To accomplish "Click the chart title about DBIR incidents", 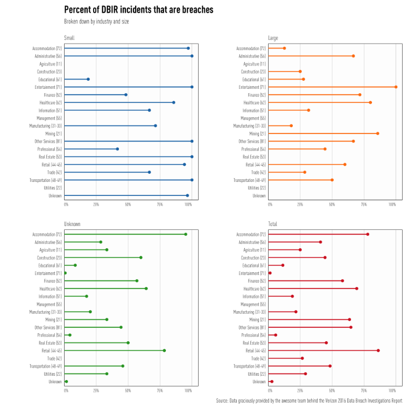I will click(x=138, y=10).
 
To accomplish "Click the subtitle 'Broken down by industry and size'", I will click(x=96, y=22).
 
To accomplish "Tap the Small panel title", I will click(x=69, y=38).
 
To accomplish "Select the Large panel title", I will click(x=273, y=38).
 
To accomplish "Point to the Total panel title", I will click(x=272, y=223).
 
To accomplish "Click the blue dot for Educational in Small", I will click(x=88, y=79).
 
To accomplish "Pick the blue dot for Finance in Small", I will click(x=126, y=95).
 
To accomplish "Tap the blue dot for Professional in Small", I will click(x=117, y=149).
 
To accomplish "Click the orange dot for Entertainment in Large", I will click(x=396, y=87).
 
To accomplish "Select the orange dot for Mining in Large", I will click(x=377, y=133).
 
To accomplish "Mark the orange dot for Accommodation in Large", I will click(x=284, y=48).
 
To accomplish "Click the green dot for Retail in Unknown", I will click(x=164, y=350).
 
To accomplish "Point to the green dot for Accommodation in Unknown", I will click(x=186, y=234).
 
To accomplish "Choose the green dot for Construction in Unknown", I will click(x=141, y=257).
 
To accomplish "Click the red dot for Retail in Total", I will click(x=378, y=350).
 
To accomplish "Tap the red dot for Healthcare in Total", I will click(x=356, y=289).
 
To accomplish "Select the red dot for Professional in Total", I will click(x=276, y=335).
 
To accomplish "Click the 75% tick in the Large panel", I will click(x=364, y=205).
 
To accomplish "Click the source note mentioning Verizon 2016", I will click(x=309, y=401).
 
